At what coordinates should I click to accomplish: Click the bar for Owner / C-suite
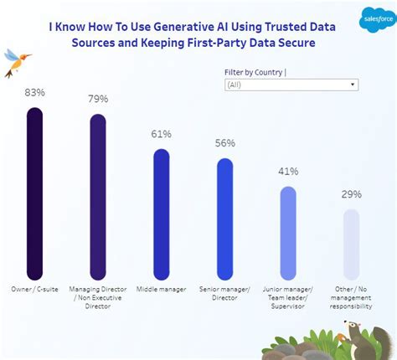click(x=34, y=193)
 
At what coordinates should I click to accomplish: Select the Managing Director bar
click(x=98, y=197)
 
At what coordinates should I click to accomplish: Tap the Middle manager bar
click(x=162, y=213)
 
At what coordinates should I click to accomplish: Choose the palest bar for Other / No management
click(x=351, y=244)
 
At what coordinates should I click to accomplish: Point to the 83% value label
click(x=34, y=91)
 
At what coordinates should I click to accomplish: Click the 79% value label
click(x=98, y=99)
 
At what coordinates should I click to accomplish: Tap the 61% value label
click(x=162, y=134)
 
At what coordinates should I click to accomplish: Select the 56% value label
click(x=224, y=143)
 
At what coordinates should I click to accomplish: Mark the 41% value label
click(x=287, y=172)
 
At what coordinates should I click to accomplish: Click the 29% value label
click(x=351, y=194)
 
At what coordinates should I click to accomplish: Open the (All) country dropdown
click(x=291, y=85)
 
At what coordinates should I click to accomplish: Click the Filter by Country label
click(x=255, y=72)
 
